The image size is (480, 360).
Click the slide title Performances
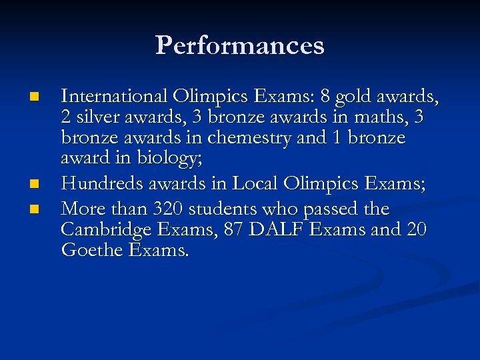pos(240,45)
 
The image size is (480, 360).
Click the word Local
pos(256,183)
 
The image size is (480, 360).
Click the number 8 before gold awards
pos(325,97)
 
